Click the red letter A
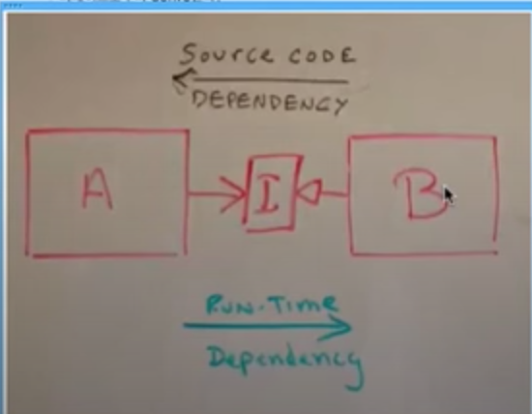click(98, 189)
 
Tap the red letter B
click(421, 193)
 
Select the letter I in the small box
click(268, 194)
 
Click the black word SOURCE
click(226, 53)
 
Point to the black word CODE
click(322, 56)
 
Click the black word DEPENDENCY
click(270, 103)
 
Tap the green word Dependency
click(285, 361)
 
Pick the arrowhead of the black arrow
click(183, 78)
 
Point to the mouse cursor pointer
click(449, 195)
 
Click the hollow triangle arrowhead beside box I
click(308, 192)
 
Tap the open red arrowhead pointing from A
click(234, 194)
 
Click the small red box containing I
click(271, 194)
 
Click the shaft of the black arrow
click(268, 80)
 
